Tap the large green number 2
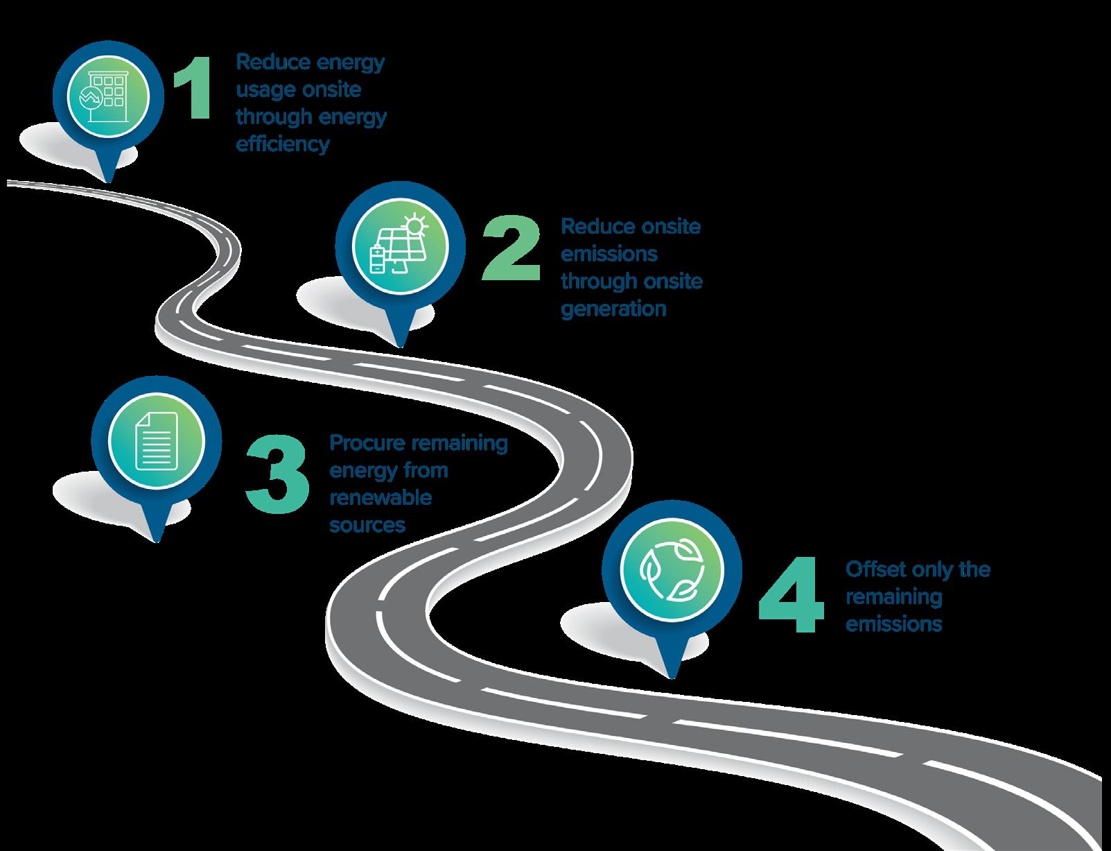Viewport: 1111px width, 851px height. coord(511,248)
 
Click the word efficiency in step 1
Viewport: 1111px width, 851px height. coord(282,144)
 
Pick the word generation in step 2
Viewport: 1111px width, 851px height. coord(613,308)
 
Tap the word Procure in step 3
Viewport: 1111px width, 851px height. coord(366,442)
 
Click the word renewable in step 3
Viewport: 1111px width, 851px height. coord(380,497)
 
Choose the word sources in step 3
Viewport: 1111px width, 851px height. coord(367,525)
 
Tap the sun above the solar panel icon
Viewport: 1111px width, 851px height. coord(415,223)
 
